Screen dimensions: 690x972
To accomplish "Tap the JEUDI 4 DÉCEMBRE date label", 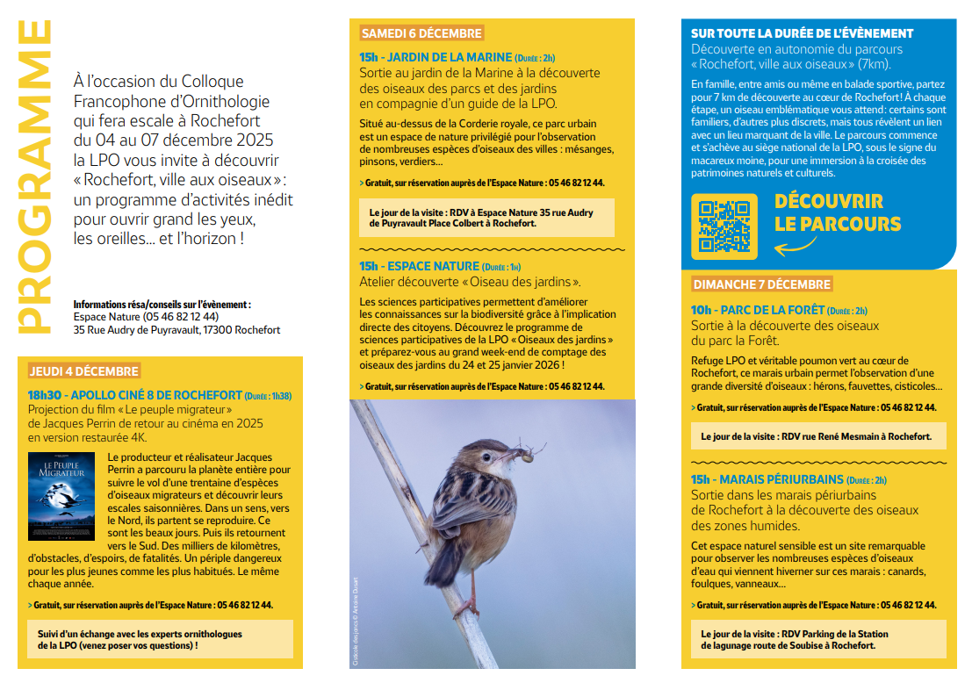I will [83, 371].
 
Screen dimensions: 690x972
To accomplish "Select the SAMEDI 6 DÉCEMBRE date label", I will [421, 33].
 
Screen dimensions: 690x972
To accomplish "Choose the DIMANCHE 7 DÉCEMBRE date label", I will [761, 284].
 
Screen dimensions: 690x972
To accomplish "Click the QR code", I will [724, 226].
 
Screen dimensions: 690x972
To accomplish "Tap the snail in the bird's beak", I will [528, 455].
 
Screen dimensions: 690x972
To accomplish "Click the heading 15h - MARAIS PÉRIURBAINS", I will [788, 480].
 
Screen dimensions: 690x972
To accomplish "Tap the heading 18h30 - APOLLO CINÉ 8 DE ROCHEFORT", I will [160, 395].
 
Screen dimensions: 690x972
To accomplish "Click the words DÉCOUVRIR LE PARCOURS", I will [837, 212].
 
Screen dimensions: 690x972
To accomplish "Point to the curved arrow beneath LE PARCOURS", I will [795, 248].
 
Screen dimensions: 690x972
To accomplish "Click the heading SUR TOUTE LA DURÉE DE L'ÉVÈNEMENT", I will [802, 33].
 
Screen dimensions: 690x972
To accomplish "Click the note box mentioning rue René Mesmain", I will [814, 436].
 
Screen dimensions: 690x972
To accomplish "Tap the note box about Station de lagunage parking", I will [814, 639].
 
